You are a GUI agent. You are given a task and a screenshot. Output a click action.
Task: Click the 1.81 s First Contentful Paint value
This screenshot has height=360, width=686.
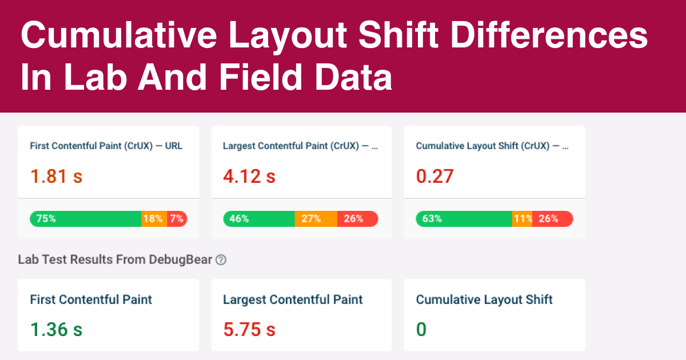coord(56,176)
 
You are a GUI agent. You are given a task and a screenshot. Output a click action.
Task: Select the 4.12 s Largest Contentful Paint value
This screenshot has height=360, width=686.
coord(249,176)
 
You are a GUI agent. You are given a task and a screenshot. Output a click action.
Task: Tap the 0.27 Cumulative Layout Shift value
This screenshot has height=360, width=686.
coord(434,176)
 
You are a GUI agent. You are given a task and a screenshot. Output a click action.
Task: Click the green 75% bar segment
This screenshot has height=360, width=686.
coord(86,219)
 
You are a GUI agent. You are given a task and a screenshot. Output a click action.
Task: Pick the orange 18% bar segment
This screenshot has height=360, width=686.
coord(154,219)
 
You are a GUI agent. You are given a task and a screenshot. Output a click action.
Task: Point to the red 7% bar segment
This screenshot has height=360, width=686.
coord(177,219)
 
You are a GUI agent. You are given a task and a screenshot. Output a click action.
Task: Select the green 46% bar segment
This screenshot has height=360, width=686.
coord(258,219)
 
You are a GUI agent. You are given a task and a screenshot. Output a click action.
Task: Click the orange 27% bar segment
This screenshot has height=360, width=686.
coord(316,219)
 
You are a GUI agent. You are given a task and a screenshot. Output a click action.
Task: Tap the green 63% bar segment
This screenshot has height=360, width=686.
coord(464,219)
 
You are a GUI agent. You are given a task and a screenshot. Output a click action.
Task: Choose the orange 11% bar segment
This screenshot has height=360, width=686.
coord(522,219)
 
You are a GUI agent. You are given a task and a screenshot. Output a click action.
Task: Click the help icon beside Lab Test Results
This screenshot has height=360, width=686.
coord(221,260)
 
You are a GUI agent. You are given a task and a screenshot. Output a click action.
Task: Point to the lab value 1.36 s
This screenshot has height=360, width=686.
coord(56,330)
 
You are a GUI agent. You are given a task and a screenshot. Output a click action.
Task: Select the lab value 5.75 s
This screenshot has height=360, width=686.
coord(249,330)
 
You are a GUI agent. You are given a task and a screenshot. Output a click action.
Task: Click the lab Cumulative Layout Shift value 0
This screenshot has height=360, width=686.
coord(421,330)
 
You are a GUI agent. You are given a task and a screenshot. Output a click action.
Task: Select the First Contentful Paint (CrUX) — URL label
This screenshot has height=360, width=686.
coord(106,146)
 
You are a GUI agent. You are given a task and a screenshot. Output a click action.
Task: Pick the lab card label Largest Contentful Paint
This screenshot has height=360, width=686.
coord(293,299)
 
